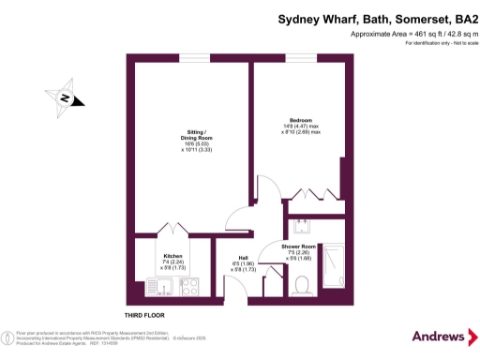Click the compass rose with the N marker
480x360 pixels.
tap(65, 97)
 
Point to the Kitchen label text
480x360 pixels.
tap(172, 255)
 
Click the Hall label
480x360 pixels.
tap(243, 257)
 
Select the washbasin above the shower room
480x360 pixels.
tap(302, 226)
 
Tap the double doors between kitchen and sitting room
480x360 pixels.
tap(174, 231)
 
